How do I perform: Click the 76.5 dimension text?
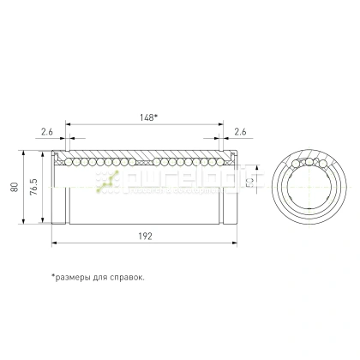tap(33, 189)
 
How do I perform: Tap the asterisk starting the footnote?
tap(52, 276)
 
